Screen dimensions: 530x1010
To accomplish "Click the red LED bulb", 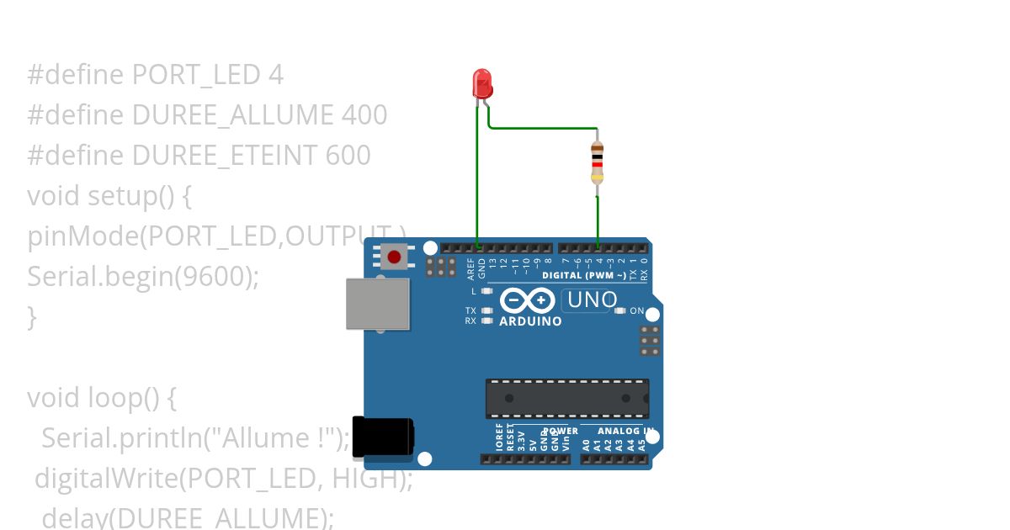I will [482, 83].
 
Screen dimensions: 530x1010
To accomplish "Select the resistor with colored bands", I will [597, 162].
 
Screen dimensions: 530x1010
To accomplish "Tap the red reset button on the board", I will [393, 256].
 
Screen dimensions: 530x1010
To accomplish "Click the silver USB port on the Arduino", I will [378, 304].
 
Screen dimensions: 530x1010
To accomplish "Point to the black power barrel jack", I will [383, 437].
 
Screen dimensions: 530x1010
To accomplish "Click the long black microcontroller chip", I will [566, 398].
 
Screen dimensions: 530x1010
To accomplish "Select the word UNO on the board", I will [593, 299].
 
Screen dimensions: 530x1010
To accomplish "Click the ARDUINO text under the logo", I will [530, 321].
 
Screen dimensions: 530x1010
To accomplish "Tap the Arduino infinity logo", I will [528, 300].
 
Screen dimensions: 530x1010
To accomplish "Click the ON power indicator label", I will [637, 311].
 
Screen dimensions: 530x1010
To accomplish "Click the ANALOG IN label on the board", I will [625, 432].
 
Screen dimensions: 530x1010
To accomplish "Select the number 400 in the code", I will [364, 115].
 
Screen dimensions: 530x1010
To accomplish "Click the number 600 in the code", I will [348, 156].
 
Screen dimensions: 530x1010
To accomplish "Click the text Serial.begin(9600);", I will [143, 277].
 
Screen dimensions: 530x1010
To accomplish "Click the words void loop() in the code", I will [92, 397].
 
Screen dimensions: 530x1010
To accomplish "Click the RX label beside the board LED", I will [470, 321].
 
